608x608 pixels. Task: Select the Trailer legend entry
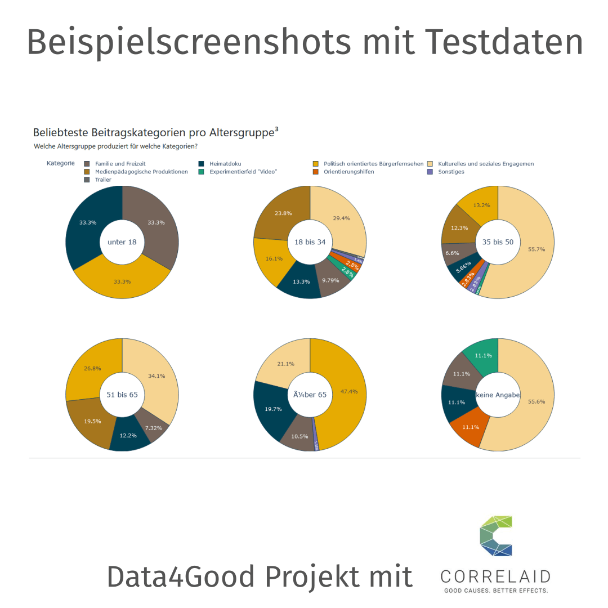[x=103, y=180]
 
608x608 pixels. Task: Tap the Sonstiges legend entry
[x=451, y=172]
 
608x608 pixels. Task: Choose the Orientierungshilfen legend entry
[x=348, y=172]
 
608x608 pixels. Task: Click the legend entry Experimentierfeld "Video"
[x=244, y=172]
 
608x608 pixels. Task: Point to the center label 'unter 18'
[x=122, y=242]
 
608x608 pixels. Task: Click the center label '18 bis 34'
[x=310, y=242]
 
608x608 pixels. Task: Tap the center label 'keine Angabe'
[x=498, y=395]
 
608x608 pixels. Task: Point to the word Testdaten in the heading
[x=504, y=42]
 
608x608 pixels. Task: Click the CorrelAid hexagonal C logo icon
[x=496, y=535]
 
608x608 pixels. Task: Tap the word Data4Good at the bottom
[x=180, y=576]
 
